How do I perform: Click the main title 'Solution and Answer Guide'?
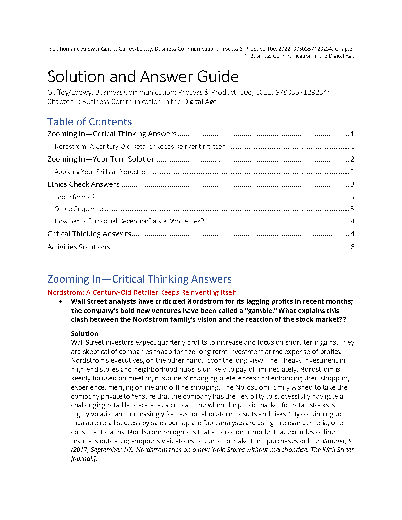click(x=143, y=76)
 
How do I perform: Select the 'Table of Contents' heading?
click(x=89, y=122)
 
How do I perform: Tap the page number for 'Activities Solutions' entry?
click(x=352, y=247)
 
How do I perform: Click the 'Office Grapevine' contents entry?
click(x=79, y=209)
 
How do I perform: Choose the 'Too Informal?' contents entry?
click(x=75, y=197)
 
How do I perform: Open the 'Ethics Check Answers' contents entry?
click(x=83, y=184)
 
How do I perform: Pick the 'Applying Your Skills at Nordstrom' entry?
click(x=103, y=172)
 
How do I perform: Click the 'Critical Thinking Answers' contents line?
click(x=89, y=234)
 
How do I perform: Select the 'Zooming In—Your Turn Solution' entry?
click(x=101, y=159)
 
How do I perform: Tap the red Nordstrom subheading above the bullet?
click(x=142, y=292)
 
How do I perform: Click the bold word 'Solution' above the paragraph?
click(x=84, y=334)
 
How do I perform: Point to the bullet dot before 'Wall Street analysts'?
click(x=61, y=302)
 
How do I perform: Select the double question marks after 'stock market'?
click(x=342, y=319)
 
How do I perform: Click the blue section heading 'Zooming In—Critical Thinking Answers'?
click(x=139, y=279)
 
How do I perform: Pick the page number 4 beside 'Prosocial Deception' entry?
click(x=352, y=221)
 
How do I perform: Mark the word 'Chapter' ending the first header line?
click(x=345, y=49)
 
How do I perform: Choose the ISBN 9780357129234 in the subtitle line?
click(x=301, y=92)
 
